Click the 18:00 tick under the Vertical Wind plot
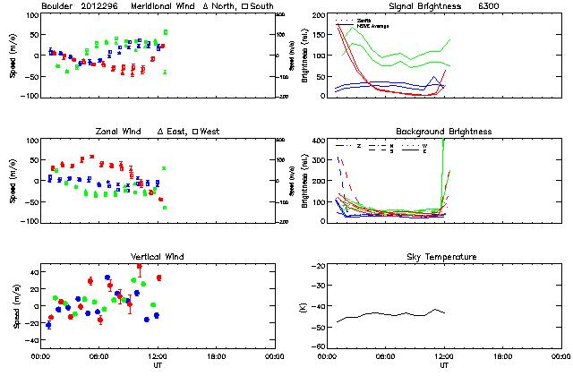[216, 356]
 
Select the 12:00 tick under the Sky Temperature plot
[443, 356]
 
